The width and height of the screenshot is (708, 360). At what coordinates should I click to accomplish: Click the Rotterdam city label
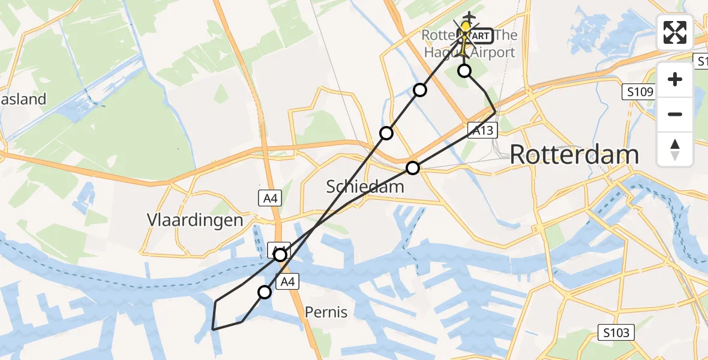[574, 155]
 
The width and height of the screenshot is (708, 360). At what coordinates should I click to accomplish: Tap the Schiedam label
[365, 187]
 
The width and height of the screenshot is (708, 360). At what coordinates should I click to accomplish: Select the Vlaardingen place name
[195, 220]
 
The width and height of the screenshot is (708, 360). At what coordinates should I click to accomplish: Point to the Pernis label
[326, 312]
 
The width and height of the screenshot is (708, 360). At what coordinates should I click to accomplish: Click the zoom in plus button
[675, 79]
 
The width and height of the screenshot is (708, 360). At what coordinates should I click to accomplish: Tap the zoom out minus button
[675, 114]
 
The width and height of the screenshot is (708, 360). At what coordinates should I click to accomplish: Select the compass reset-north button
[675, 149]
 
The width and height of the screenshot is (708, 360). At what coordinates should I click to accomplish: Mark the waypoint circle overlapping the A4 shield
[280, 255]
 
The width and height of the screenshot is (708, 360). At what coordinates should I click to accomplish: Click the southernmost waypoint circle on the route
[265, 292]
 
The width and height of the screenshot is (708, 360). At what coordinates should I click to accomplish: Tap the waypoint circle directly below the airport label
[464, 71]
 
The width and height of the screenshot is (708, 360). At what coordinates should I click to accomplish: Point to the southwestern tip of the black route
[214, 329]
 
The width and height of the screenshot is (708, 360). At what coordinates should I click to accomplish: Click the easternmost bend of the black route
[495, 112]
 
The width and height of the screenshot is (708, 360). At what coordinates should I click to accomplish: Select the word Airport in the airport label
[493, 52]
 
